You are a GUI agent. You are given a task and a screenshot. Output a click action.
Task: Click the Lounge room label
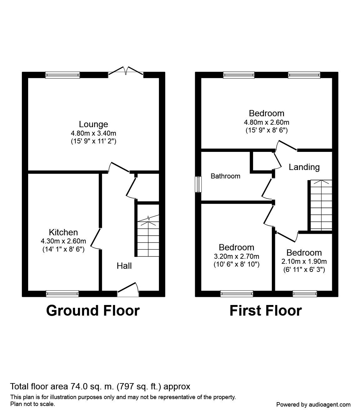(x=94, y=124)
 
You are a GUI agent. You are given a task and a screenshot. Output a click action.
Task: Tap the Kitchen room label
(x=63, y=232)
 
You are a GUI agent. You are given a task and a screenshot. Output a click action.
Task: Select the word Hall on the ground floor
(x=124, y=266)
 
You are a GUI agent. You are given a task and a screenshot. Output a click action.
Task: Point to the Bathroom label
(x=225, y=176)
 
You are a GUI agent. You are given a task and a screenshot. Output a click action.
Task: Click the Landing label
(x=304, y=167)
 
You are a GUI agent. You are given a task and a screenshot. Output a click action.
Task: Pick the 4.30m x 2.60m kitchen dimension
(x=63, y=241)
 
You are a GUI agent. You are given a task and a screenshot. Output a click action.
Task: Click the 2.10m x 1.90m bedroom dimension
(x=304, y=262)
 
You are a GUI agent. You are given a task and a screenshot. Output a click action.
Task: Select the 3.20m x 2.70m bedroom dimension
(x=236, y=256)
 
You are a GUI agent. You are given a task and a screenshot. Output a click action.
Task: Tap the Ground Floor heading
(x=93, y=311)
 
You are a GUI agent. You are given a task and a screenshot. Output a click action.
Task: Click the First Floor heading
(x=266, y=311)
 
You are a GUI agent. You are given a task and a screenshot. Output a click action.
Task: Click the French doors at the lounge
(x=126, y=72)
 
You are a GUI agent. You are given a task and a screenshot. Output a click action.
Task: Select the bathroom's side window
(x=198, y=184)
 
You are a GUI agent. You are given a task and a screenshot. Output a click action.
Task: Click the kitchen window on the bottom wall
(x=62, y=293)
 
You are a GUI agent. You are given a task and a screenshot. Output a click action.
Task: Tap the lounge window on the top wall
(x=63, y=75)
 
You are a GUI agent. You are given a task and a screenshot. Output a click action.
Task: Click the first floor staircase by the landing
(x=321, y=205)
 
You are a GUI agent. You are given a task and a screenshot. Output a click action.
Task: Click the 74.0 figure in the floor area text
(x=79, y=387)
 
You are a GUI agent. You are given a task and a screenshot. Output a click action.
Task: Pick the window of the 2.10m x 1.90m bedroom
(x=305, y=293)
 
